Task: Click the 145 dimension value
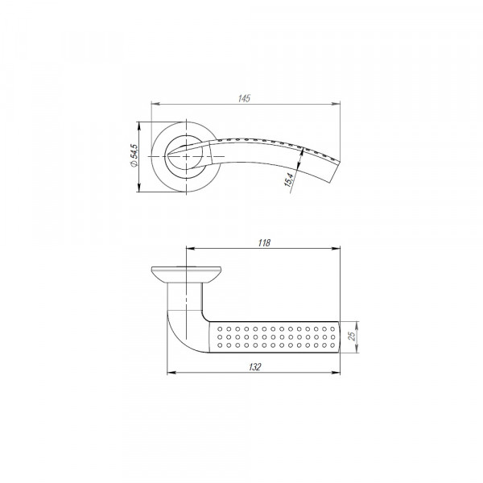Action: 245,97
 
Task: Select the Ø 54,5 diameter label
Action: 134,156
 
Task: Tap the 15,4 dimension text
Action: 288,183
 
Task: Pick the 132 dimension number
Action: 254,367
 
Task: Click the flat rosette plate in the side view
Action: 186,271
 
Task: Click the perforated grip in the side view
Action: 274,336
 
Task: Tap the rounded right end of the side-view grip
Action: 338,336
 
